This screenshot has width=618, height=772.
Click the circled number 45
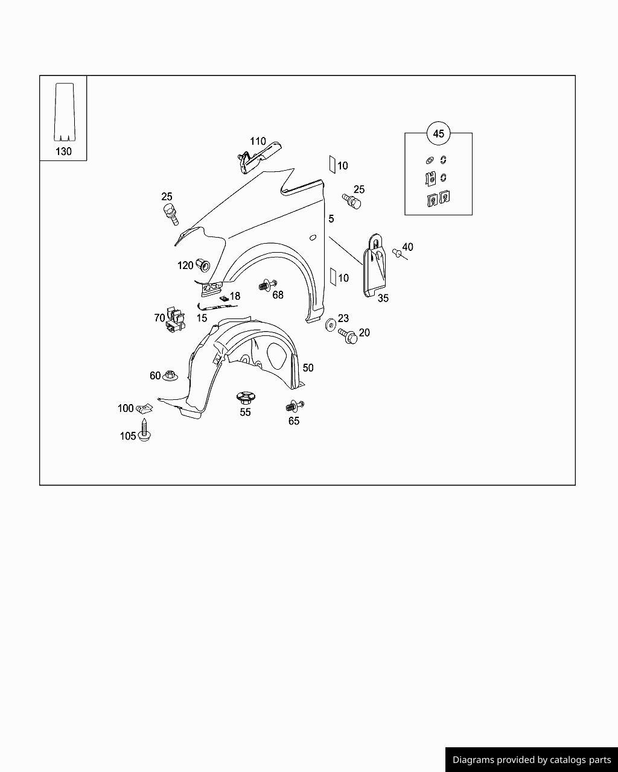click(x=438, y=133)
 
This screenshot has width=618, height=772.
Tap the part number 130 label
click(x=63, y=151)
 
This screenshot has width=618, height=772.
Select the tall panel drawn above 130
click(x=65, y=112)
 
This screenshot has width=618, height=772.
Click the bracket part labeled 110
click(x=260, y=158)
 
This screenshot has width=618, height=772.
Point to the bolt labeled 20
click(x=348, y=337)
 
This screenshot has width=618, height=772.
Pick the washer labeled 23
click(x=330, y=324)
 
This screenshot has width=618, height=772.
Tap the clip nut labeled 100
click(x=145, y=408)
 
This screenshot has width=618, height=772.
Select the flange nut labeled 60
click(x=170, y=375)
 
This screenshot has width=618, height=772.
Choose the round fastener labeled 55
click(x=246, y=398)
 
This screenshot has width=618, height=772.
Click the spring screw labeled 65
click(x=295, y=407)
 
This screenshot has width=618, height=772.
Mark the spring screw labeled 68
click(x=267, y=285)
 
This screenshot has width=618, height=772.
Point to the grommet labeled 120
click(x=203, y=266)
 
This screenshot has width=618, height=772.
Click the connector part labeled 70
click(x=175, y=319)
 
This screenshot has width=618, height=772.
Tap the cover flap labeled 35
click(x=375, y=265)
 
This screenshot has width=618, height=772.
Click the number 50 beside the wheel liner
click(x=308, y=368)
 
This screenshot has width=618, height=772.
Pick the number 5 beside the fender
click(x=331, y=218)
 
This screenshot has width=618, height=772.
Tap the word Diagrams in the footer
click(x=473, y=759)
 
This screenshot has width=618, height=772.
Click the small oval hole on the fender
click(x=313, y=238)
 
